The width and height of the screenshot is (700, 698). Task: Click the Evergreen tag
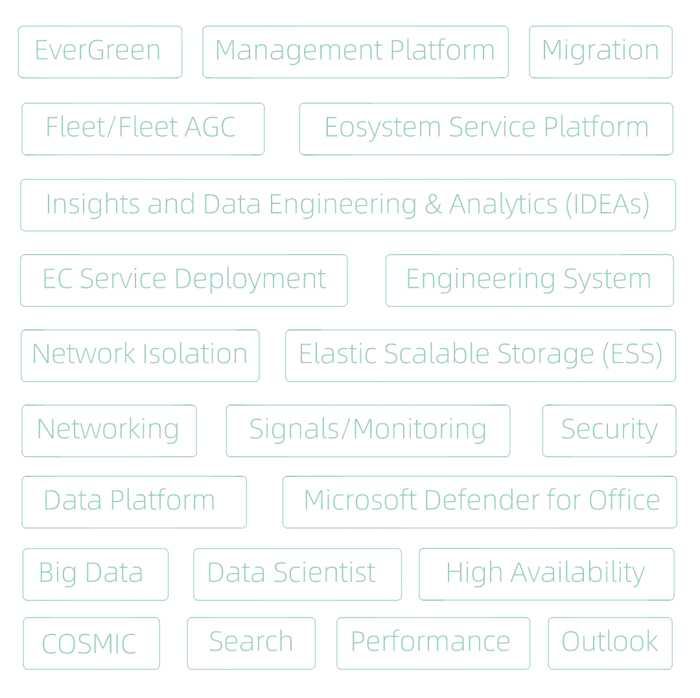(100, 51)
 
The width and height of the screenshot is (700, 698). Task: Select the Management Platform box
(355, 51)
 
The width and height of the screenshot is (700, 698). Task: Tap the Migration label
(600, 51)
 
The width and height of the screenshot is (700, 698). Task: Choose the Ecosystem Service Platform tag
(484, 127)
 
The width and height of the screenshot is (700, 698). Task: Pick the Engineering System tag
(528, 281)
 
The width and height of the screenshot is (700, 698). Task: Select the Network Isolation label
(141, 355)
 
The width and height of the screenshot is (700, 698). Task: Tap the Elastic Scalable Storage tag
(481, 355)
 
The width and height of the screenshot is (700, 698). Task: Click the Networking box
(108, 430)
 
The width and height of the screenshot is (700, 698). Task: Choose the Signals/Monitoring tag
(367, 430)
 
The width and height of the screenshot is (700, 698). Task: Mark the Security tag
(608, 430)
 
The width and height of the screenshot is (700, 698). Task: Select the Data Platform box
(134, 501)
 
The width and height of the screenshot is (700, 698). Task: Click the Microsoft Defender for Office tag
(480, 501)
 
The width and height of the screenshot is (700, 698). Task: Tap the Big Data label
(95, 574)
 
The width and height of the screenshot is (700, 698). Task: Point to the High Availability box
(545, 574)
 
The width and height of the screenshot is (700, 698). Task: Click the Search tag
(251, 644)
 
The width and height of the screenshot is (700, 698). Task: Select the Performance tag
(432, 644)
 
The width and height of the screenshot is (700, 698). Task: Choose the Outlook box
(609, 644)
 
